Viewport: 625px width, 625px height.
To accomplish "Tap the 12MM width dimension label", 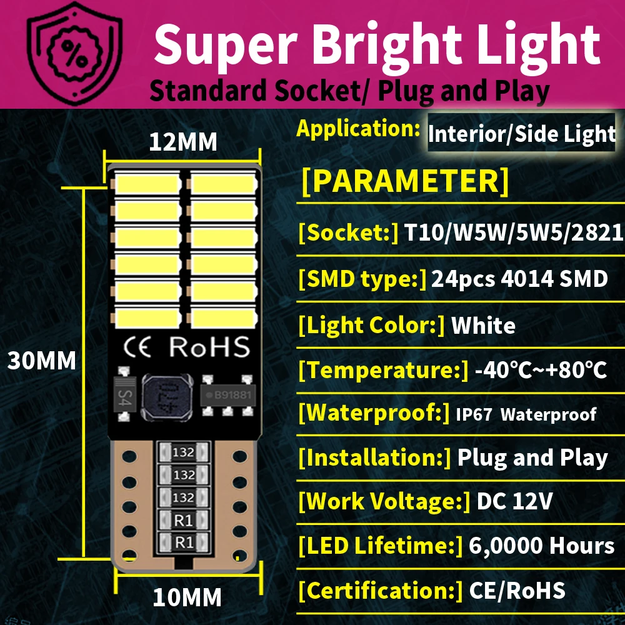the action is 182,142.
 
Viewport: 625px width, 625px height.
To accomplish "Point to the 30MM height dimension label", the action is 41,361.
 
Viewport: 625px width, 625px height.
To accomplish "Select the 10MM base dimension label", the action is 187,597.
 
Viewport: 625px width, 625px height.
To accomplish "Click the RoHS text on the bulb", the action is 209,347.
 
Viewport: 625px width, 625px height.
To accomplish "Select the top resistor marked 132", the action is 184,452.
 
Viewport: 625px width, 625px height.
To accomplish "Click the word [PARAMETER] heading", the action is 405,181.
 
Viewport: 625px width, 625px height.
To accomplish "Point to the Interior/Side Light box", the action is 521,134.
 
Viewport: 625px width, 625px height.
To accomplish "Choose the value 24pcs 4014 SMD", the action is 519,279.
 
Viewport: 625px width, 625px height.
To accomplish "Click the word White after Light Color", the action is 483,325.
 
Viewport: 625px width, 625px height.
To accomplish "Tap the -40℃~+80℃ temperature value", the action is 541,370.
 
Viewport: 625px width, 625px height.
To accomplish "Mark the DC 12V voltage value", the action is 514,502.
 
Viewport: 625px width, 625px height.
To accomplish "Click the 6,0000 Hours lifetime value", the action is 541,546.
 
